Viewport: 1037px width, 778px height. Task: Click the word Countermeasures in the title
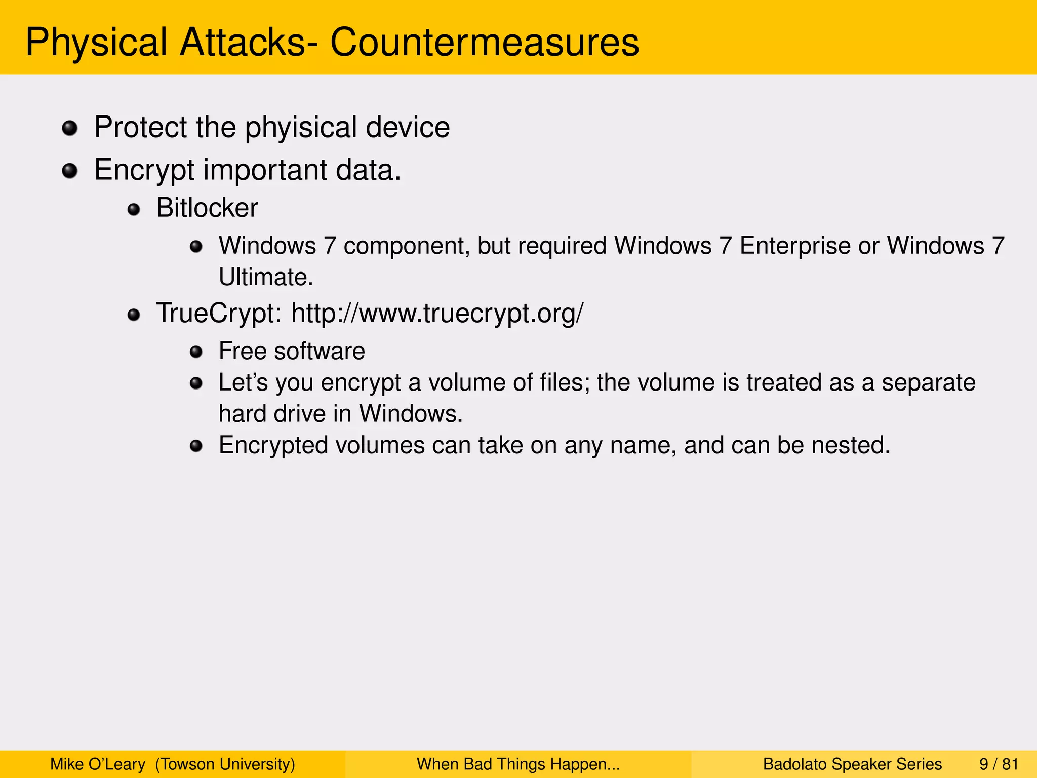pos(485,42)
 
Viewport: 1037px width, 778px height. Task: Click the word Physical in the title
pos(96,42)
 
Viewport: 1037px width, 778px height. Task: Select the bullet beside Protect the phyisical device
pos(70,128)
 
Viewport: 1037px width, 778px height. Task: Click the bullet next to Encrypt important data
pos(70,171)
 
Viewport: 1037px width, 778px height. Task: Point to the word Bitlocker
pos(207,208)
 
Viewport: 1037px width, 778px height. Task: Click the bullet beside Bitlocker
pos(134,209)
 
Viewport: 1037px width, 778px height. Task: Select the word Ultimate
pos(266,277)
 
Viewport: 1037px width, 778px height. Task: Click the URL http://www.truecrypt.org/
pos(437,313)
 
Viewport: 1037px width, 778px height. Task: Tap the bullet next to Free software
pos(196,352)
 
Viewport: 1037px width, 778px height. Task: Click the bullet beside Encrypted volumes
pos(196,446)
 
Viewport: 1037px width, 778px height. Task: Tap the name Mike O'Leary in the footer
pos(98,764)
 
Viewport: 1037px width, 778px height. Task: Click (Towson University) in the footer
pos(225,764)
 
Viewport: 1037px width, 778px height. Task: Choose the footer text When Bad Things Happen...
pos(518,764)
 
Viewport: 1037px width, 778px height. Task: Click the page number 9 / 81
pos(999,764)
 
